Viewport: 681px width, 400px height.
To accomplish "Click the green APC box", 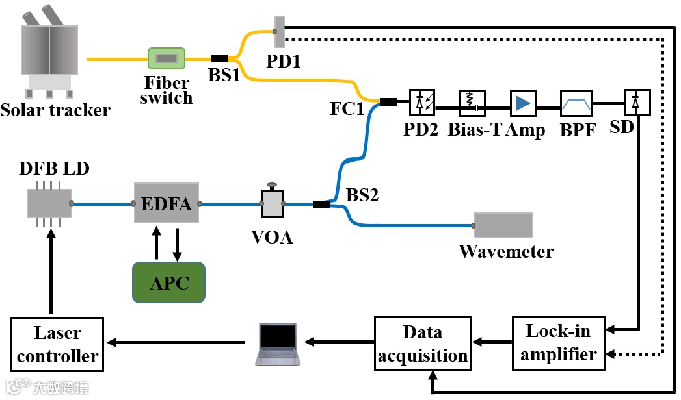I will [168, 282].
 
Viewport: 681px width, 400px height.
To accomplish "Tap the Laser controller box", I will [57, 344].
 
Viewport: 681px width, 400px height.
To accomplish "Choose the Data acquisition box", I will [422, 343].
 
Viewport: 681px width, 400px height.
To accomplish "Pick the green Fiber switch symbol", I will [167, 59].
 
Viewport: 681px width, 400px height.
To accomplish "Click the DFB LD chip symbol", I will [49, 203].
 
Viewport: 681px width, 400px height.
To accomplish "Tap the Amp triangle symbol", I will [522, 102].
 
